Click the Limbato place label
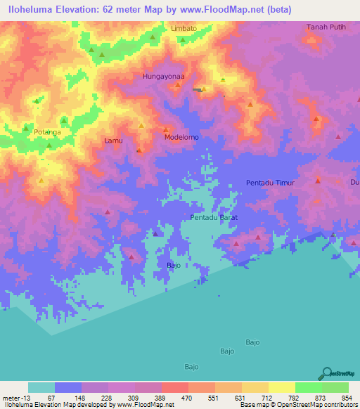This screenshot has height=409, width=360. (x=184, y=28)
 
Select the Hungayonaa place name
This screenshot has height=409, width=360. (x=163, y=76)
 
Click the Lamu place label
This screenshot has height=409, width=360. (x=113, y=141)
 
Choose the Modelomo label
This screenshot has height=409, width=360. (x=181, y=137)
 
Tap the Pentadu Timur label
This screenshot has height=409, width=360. (x=269, y=183)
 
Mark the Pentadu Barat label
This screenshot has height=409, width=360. (x=214, y=218)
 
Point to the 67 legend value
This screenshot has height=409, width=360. (x=51, y=397)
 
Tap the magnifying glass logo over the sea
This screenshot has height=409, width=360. (x=326, y=372)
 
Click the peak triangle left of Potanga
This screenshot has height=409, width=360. (x=26, y=129)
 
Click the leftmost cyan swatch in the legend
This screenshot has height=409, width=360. (x=41, y=387)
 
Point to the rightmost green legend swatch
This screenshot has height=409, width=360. (x=335, y=387)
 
